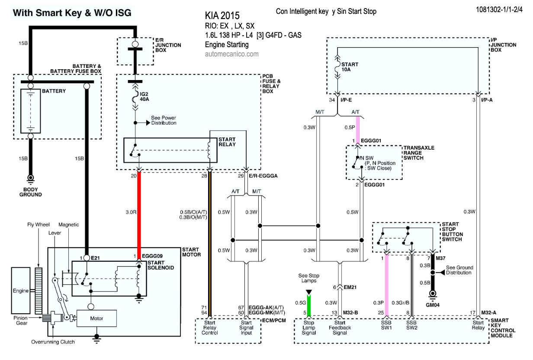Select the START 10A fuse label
(x=350, y=67)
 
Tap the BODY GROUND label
(x=31, y=192)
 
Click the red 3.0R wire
(x=139, y=212)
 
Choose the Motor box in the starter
(x=96, y=318)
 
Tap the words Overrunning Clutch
(x=53, y=342)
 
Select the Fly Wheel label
(x=39, y=225)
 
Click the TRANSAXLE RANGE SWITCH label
(x=418, y=153)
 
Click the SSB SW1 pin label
(x=387, y=325)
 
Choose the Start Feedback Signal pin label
(x=340, y=328)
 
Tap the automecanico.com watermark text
(x=232, y=54)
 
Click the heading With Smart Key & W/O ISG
(x=72, y=13)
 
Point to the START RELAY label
(x=227, y=141)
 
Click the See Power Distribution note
(x=163, y=120)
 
